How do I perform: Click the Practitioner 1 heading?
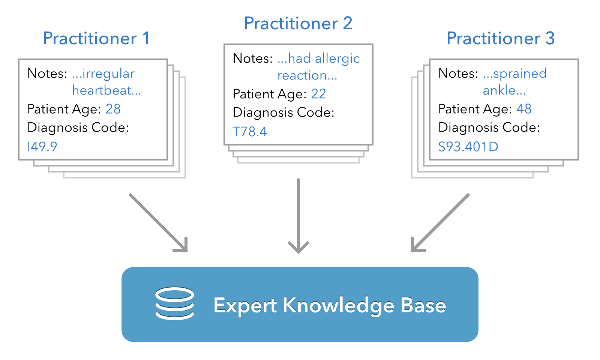pos(96,38)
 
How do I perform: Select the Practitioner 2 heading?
pos(298,23)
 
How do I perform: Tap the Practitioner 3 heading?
pos(500,38)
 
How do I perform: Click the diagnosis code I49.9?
pos(42,147)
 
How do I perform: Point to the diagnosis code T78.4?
pos(250,132)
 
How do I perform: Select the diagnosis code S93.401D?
pos(468,147)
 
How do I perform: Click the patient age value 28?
pos(113,109)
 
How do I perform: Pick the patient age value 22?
pos(318,94)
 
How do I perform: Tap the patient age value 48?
pos(524,109)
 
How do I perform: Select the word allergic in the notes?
pos(337,58)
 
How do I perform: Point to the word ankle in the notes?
pos(499,90)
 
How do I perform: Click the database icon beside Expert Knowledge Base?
pos(175,303)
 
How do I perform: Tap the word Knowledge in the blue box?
pos(338,305)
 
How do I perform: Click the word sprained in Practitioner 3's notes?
pos(520,73)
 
